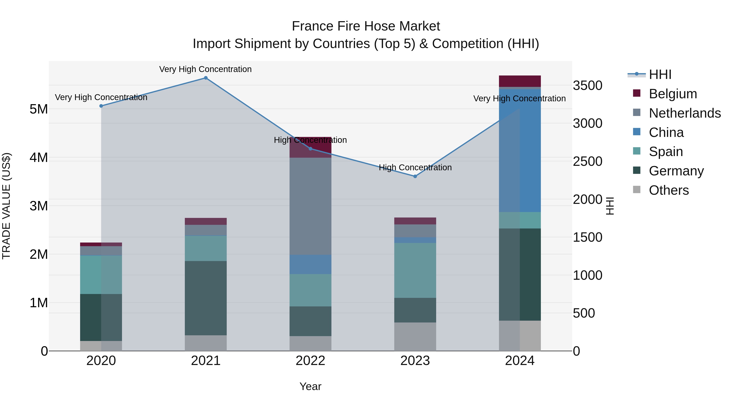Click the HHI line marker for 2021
click(x=206, y=78)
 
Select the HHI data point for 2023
click(x=415, y=176)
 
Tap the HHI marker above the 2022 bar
click(x=310, y=149)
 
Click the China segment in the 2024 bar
click(x=520, y=151)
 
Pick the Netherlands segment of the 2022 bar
click(x=310, y=206)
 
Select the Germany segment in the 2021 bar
click(x=206, y=298)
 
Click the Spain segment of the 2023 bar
click(x=415, y=270)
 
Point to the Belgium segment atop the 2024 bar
click(x=520, y=81)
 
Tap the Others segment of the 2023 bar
click(x=415, y=337)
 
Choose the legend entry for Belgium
click(x=673, y=94)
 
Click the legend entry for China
click(x=666, y=132)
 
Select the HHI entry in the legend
click(x=660, y=74)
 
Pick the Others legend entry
click(x=669, y=190)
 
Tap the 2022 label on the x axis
click(x=310, y=361)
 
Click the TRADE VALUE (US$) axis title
click(x=6, y=206)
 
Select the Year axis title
click(x=310, y=386)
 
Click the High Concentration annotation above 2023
click(x=415, y=167)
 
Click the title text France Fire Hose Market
click(x=366, y=26)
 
